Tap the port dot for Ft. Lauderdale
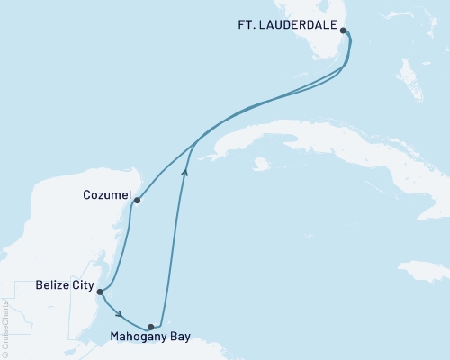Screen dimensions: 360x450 coord(344,30)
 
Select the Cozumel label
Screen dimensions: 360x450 coord(106,195)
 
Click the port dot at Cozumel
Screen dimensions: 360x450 coord(137,201)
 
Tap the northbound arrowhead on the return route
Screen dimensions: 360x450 coord(184,169)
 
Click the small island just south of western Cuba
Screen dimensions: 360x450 coord(262,165)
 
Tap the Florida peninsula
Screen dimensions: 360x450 coord(319,40)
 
